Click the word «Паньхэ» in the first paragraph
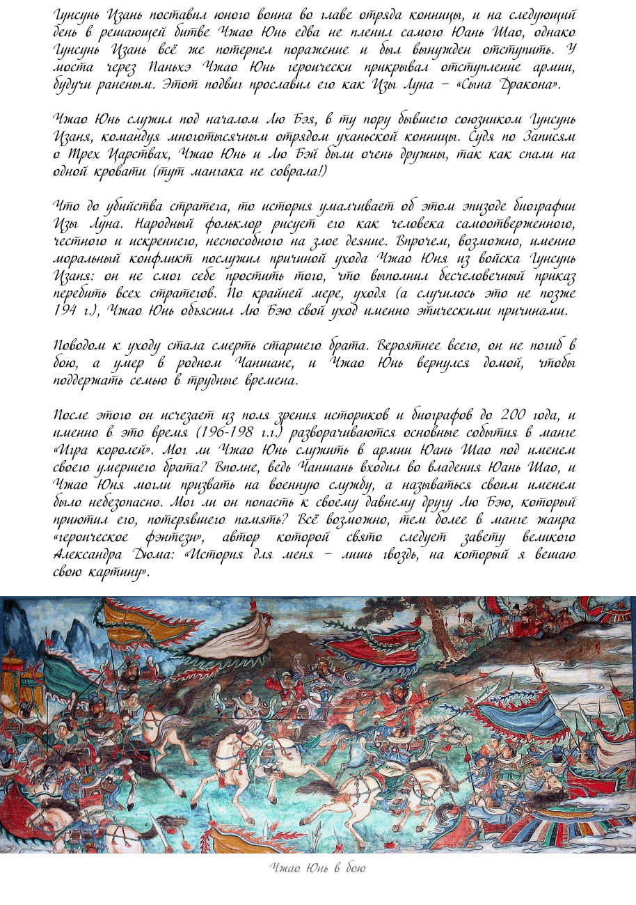coord(169,68)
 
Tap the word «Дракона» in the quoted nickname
coord(527,85)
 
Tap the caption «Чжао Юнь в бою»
coord(317,868)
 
